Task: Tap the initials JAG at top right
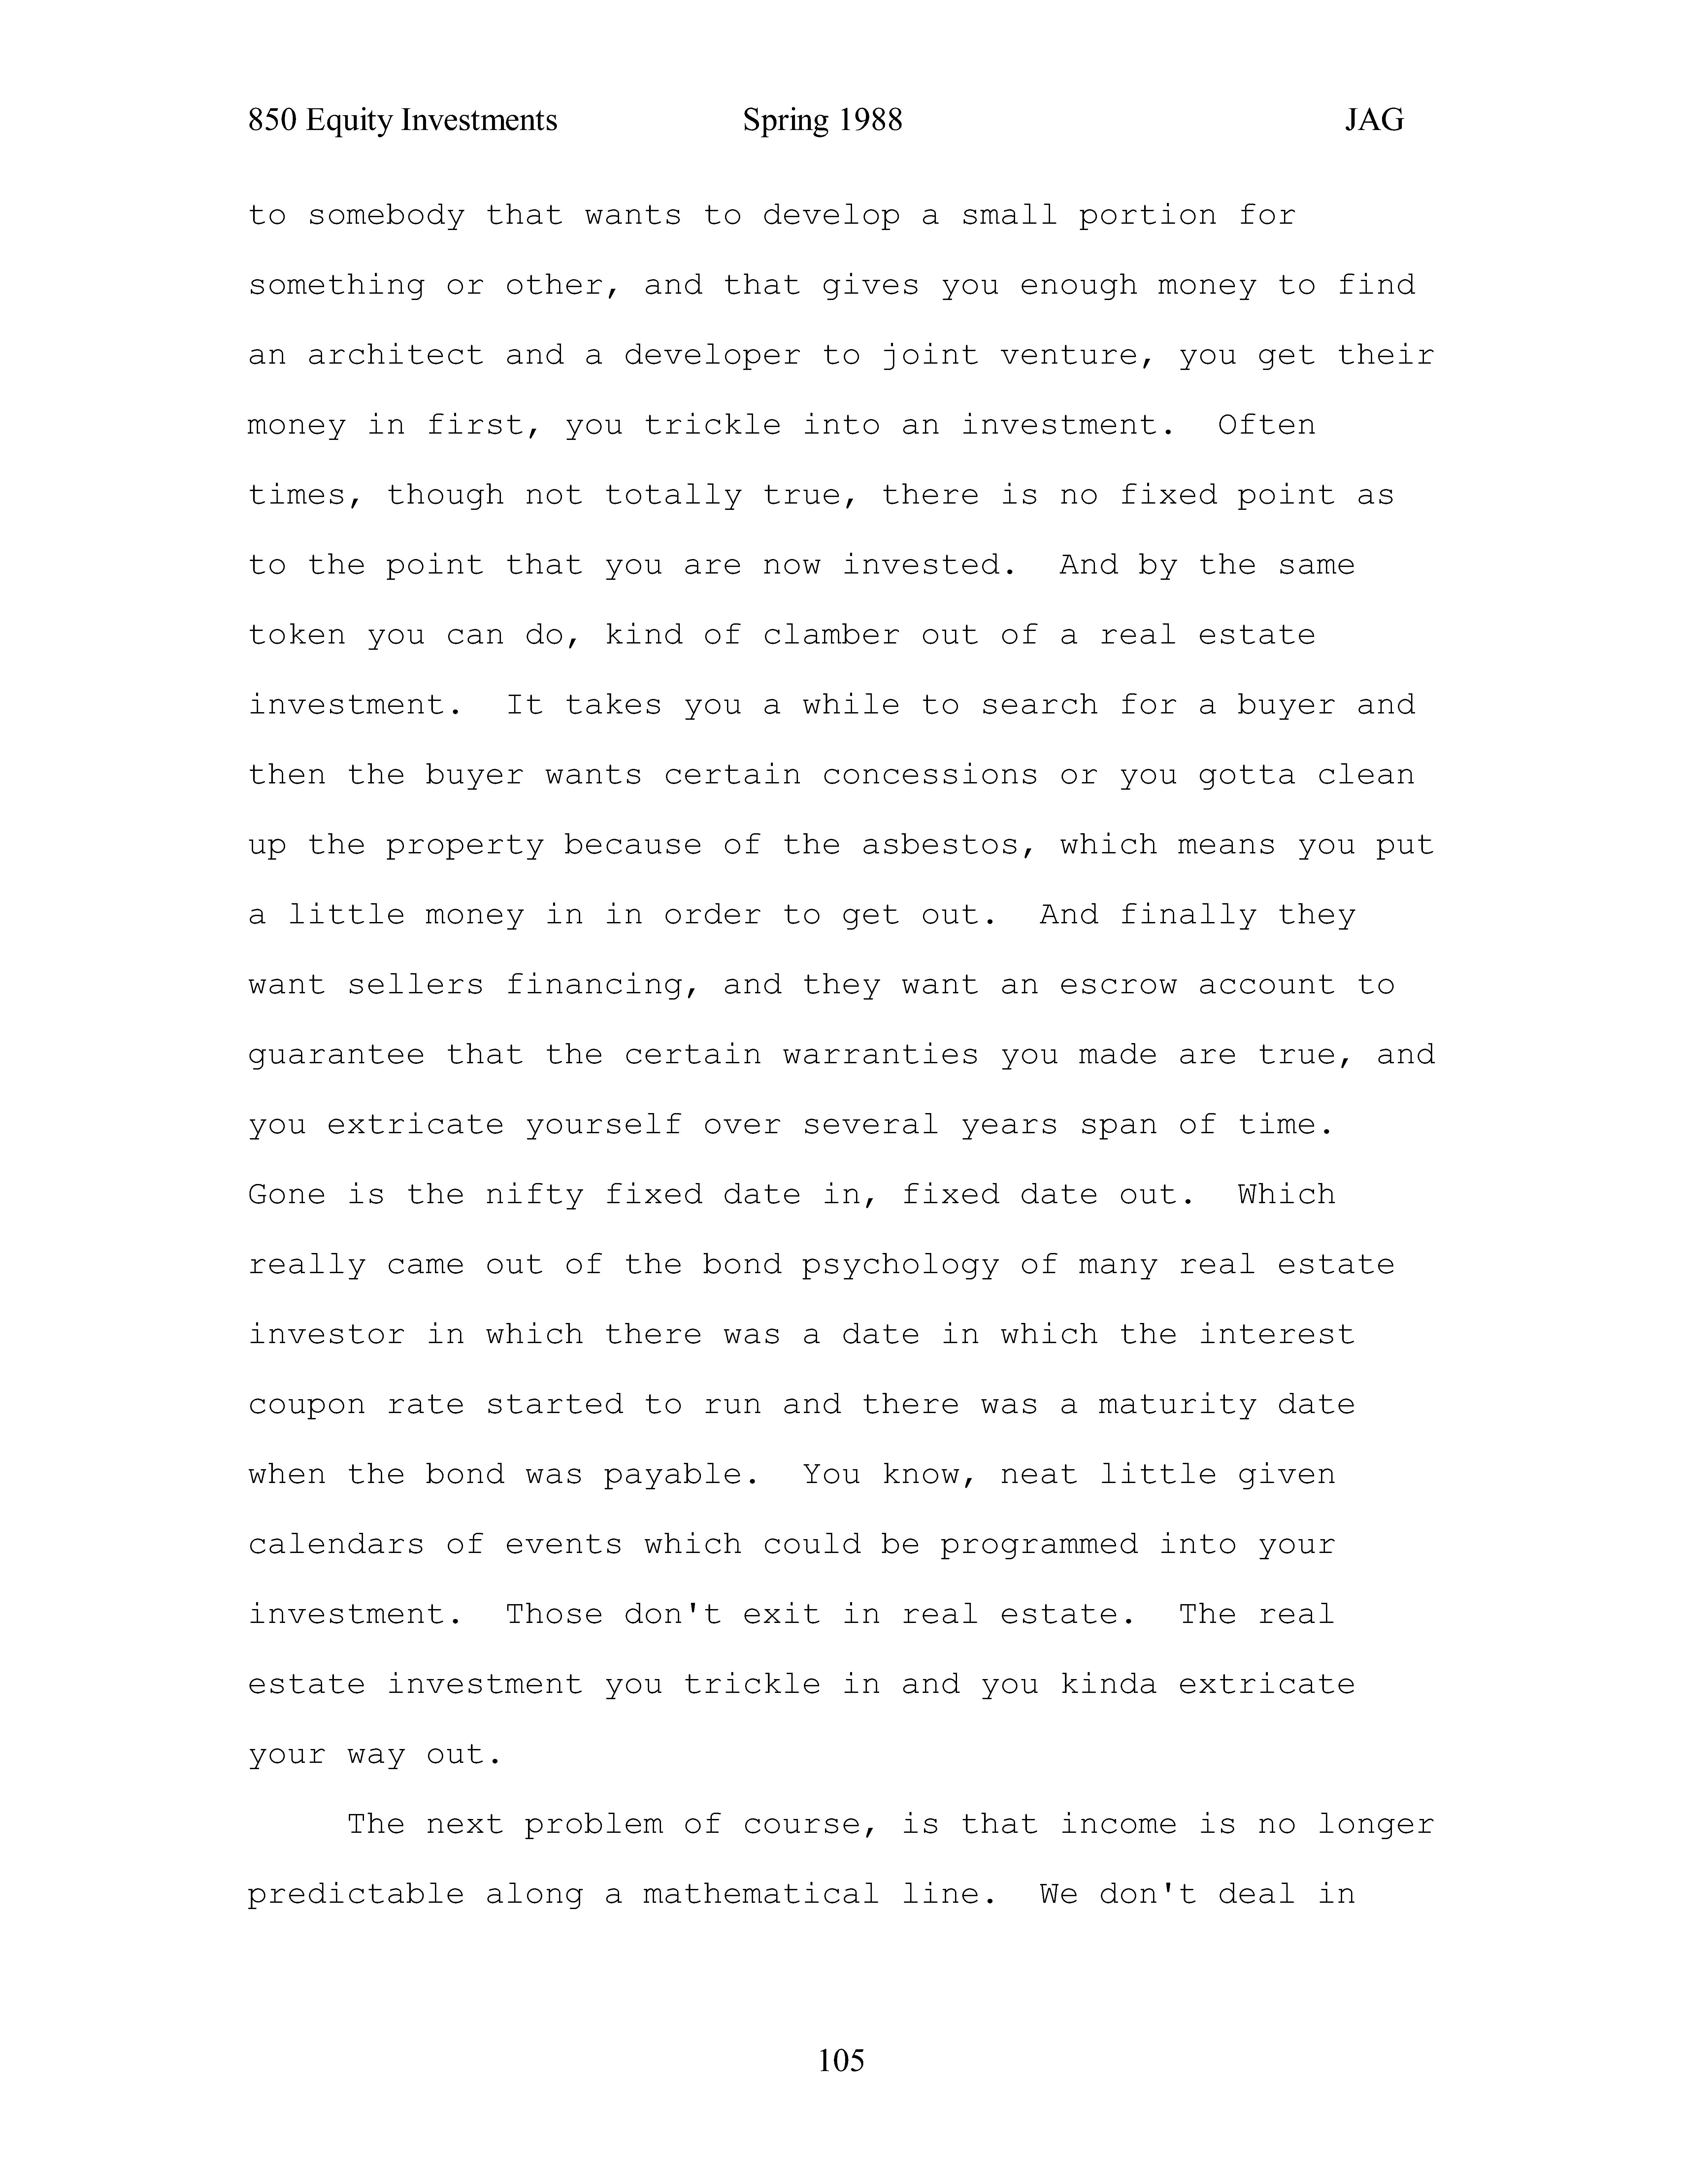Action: click(1374, 121)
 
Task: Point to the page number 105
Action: click(841, 2059)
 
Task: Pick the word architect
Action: click(395, 356)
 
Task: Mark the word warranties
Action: click(880, 1055)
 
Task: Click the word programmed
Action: click(1038, 1545)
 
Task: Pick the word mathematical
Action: click(761, 1895)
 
